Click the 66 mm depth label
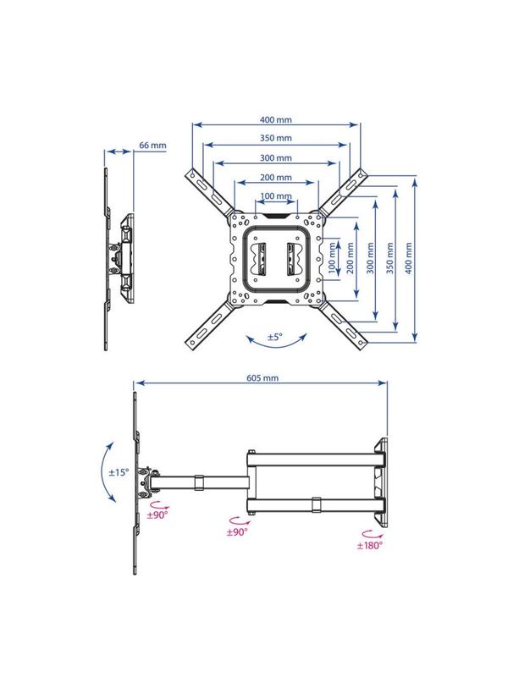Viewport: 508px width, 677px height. [x=152, y=145]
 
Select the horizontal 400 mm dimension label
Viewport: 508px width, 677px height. [x=276, y=119]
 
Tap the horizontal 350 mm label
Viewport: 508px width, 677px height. [x=276, y=138]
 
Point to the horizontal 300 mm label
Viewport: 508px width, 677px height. [x=276, y=158]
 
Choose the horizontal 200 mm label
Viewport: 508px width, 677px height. [x=276, y=177]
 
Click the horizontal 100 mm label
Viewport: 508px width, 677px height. [x=276, y=196]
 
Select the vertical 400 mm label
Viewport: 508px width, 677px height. [x=409, y=258]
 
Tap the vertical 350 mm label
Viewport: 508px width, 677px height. [x=389, y=258]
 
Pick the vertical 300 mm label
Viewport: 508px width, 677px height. [x=370, y=258]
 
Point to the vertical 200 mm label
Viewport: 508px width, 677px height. [x=351, y=258]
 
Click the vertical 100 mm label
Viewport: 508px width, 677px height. [x=332, y=258]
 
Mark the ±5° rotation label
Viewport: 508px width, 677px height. [x=274, y=337]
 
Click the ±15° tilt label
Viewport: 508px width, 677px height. [x=119, y=472]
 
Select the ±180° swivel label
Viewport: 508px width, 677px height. [x=370, y=545]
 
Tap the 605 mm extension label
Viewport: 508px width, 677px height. [x=262, y=378]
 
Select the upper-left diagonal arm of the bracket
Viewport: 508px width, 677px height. [x=211, y=194]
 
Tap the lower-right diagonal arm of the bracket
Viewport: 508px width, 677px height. [x=343, y=325]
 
